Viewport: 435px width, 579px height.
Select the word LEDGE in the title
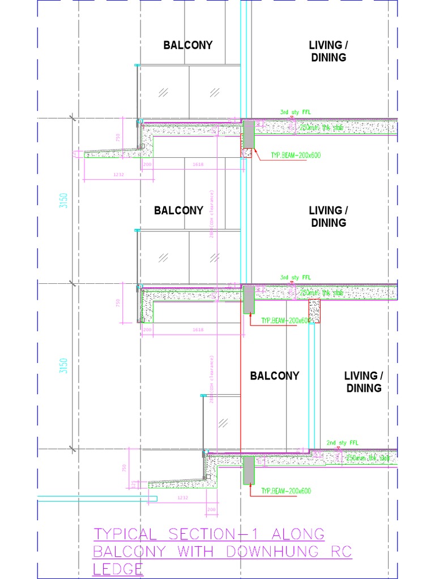click(118, 569)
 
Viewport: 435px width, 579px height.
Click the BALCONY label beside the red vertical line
click(275, 376)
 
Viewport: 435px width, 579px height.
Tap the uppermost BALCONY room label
click(188, 45)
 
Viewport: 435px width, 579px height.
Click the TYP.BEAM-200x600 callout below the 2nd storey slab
click(286, 491)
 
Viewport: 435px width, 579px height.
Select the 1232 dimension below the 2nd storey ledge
click(182, 498)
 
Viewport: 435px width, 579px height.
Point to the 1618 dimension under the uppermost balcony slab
click(198, 164)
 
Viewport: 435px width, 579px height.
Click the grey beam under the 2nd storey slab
click(248, 470)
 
